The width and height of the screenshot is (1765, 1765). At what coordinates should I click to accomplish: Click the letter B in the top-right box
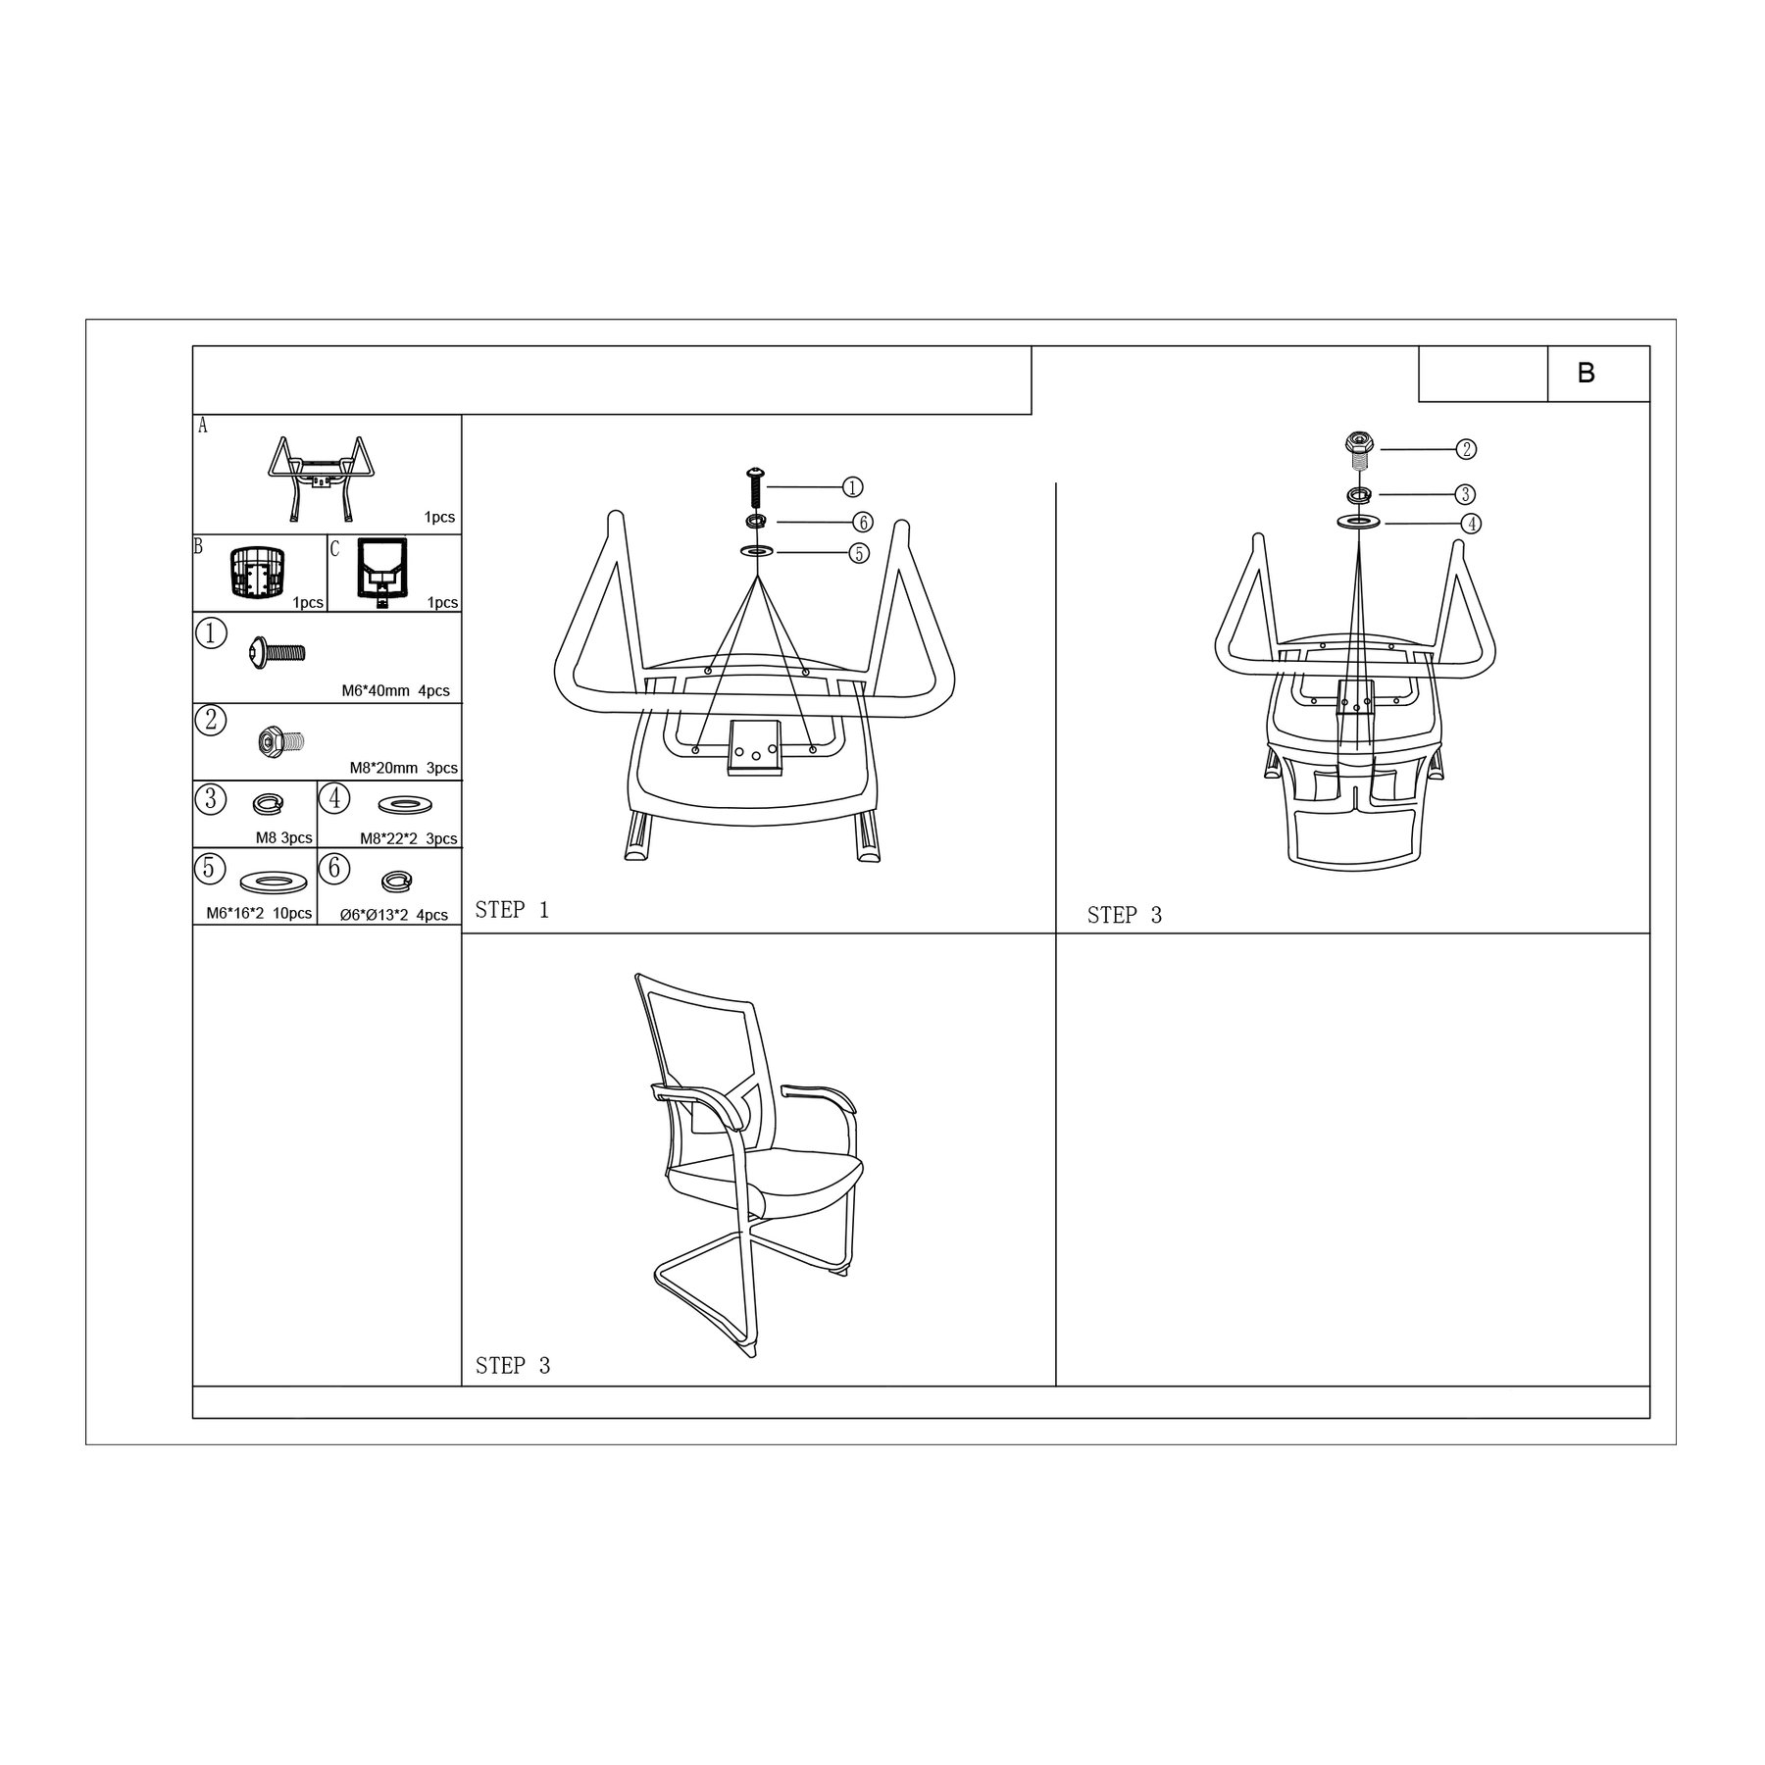tap(1586, 373)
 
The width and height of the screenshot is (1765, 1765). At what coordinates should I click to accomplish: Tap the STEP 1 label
tap(512, 910)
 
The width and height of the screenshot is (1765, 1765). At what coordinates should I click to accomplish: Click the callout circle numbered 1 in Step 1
tap(853, 487)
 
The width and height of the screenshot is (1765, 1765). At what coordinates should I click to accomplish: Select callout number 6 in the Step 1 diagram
tap(862, 522)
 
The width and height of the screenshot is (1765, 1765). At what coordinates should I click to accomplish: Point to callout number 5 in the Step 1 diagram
tap(858, 553)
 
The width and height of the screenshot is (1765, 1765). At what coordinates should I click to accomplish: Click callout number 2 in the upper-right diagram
tap(1465, 449)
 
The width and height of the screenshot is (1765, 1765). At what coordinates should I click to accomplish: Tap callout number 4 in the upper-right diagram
tap(1471, 524)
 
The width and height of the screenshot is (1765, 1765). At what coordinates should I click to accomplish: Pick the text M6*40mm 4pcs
tap(395, 690)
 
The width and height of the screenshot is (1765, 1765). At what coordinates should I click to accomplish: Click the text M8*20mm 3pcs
tap(403, 768)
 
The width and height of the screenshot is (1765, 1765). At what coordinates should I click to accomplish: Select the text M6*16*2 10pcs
tap(259, 914)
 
